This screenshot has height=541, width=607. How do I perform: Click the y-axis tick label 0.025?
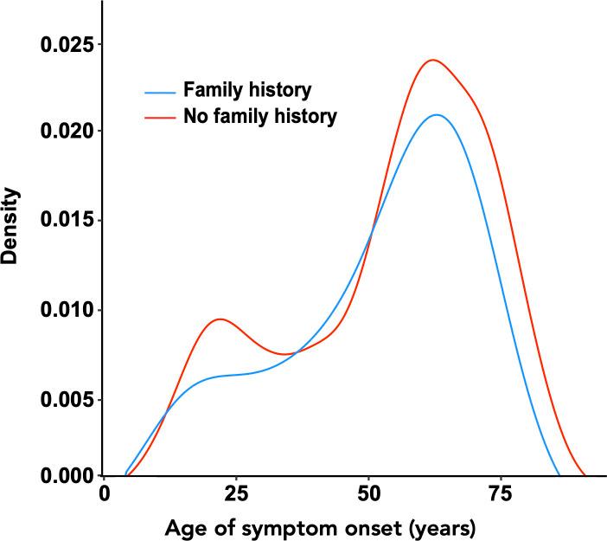[x=66, y=43]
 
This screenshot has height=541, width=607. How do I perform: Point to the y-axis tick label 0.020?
[x=66, y=132]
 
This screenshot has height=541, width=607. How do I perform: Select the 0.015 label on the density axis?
[x=66, y=221]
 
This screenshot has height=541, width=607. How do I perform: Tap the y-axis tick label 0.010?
[x=66, y=310]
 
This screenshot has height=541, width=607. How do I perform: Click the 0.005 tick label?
[x=66, y=399]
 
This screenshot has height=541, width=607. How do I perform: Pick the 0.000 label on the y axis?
[x=66, y=475]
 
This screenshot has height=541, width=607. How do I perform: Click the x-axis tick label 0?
[x=105, y=495]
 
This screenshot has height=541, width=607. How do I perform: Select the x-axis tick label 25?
[x=236, y=495]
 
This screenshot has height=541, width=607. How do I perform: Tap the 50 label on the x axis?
[x=369, y=495]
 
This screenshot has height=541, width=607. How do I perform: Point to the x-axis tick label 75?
[x=502, y=495]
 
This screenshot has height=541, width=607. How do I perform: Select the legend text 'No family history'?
[x=259, y=115]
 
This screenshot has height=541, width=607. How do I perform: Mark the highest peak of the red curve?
[x=432, y=60]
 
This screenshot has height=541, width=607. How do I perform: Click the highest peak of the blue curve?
[x=438, y=114]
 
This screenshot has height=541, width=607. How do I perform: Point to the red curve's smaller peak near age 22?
[x=220, y=319]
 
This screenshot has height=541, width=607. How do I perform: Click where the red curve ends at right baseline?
[x=585, y=475]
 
